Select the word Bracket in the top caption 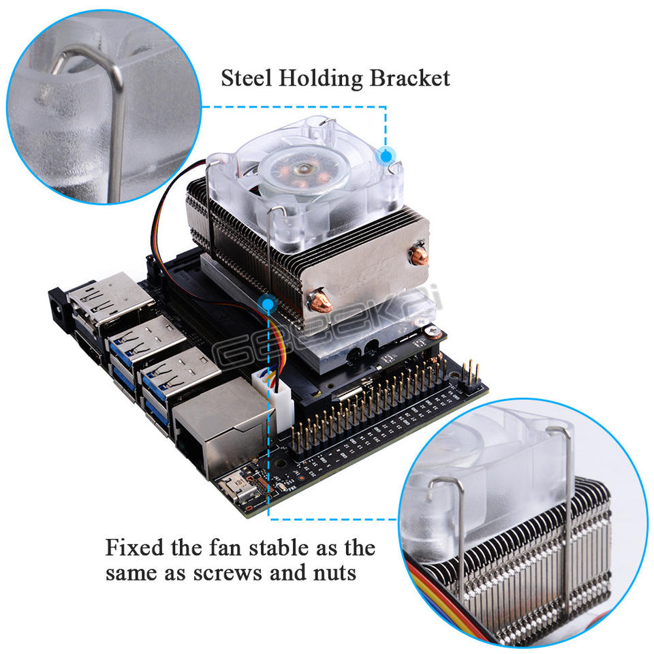point(409,78)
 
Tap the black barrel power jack point(61,310)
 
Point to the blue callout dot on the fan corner point(388,155)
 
